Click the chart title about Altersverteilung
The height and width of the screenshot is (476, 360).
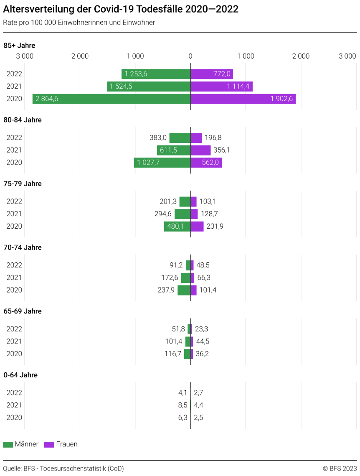(121, 9)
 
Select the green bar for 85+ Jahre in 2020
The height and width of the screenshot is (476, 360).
(112, 99)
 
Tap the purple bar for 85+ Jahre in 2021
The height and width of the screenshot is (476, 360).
(221, 87)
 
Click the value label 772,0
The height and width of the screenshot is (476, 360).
(222, 74)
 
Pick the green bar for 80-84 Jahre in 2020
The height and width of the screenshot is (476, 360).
(162, 163)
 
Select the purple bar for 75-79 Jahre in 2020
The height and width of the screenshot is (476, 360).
(197, 227)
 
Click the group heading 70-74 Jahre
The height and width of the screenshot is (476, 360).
(23, 247)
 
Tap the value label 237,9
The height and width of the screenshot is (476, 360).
(166, 290)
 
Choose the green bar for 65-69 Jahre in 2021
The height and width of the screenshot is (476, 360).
(188, 341)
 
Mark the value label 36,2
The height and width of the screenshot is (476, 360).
(203, 354)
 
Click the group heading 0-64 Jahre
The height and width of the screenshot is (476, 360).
(20, 375)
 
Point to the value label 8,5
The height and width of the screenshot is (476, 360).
(183, 405)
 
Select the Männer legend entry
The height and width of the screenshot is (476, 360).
(21, 444)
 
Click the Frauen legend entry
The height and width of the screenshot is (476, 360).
(61, 444)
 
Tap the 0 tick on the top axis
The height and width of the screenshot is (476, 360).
(190, 56)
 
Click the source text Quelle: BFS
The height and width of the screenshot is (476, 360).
(63, 468)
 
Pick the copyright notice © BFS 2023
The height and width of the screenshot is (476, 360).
(340, 468)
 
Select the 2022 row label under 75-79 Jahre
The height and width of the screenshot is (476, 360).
(14, 201)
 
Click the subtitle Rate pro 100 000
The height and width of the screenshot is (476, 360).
(79, 23)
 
